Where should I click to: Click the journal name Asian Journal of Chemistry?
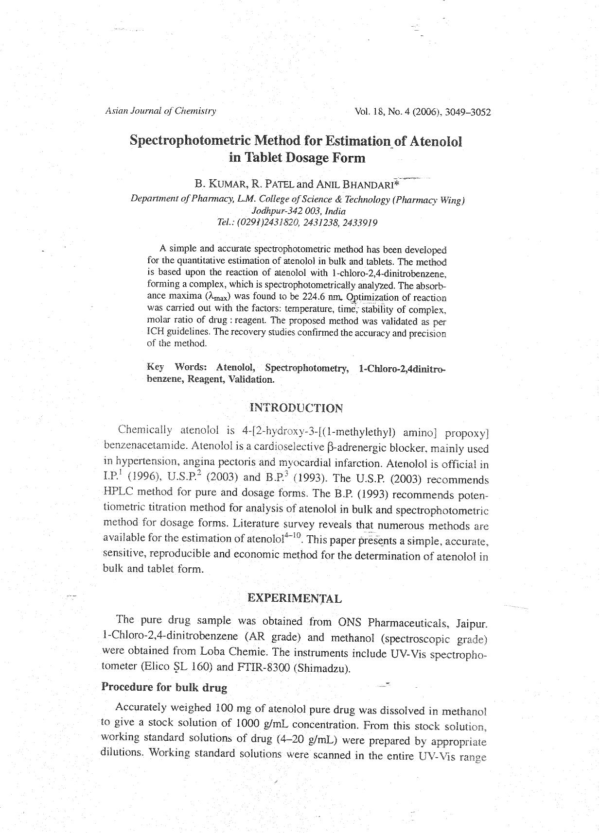160,111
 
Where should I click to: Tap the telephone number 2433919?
360,223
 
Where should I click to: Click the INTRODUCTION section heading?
296,408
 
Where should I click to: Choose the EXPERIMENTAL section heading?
295,598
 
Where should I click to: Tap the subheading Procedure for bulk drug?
164,687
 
